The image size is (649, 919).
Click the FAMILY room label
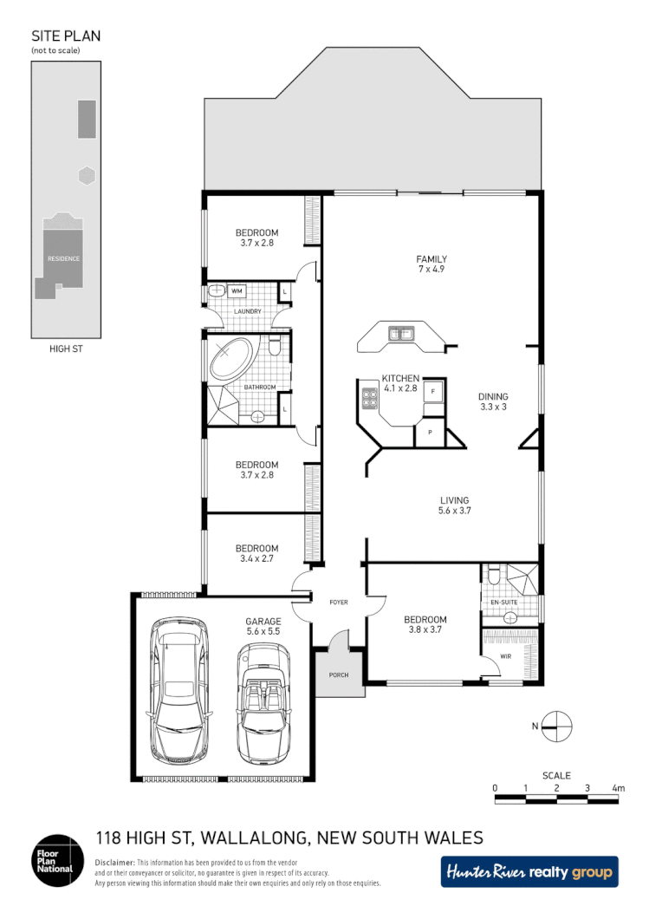(x=431, y=259)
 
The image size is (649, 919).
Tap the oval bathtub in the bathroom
(x=231, y=357)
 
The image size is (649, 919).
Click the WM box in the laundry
(x=237, y=290)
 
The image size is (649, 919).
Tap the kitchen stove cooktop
(x=371, y=400)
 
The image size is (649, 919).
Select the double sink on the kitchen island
(x=400, y=332)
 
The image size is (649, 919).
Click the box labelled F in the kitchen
(x=433, y=391)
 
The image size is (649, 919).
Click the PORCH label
(x=337, y=675)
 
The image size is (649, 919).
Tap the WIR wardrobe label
(x=506, y=656)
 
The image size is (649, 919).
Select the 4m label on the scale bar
(x=618, y=788)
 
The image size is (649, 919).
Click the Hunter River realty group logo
(x=529, y=871)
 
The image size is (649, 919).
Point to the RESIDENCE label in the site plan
(x=63, y=258)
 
